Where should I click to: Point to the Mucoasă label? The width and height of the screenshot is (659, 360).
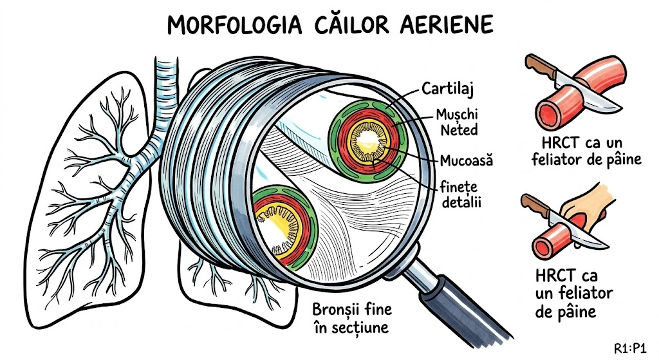click(x=467, y=160)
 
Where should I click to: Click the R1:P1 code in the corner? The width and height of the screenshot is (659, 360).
click(x=630, y=348)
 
